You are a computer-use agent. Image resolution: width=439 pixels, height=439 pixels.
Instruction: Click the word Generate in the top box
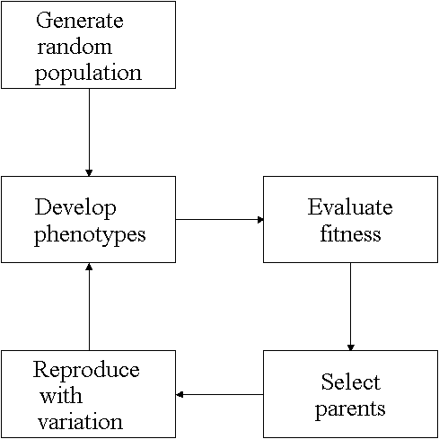coord(80,21)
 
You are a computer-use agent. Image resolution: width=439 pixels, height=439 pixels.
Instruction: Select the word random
coord(75,47)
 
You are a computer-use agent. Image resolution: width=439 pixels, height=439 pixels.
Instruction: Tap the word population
coord(88,74)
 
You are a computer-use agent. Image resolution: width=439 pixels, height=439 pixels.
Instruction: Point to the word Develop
coord(75,208)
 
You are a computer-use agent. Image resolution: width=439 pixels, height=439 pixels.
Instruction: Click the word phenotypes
coord(90,235)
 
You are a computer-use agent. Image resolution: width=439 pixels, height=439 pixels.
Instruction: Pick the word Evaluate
coord(350,206)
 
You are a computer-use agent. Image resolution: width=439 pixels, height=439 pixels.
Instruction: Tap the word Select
coord(351,382)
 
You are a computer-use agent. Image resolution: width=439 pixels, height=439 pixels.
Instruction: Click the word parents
coord(350,409)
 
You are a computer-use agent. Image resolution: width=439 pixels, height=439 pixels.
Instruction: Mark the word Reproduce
coord(86,371)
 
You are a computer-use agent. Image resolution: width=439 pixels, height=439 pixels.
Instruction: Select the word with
coord(61,396)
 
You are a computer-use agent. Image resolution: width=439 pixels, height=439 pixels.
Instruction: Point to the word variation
coord(80,422)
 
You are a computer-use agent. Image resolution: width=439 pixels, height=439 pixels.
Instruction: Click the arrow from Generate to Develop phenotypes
coord(89,132)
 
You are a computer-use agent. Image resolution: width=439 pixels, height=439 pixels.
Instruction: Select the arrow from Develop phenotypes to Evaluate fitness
coord(220,220)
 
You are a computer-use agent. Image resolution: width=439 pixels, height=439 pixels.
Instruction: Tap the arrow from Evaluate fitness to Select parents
coord(351,307)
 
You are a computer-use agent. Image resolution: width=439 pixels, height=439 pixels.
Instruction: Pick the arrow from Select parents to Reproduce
coord(220,395)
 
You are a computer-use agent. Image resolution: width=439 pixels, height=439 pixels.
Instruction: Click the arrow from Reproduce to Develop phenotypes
coord(89,307)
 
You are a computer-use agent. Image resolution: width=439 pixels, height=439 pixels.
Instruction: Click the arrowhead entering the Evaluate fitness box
coord(260,220)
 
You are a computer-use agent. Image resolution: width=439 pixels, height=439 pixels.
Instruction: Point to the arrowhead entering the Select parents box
coord(351,347)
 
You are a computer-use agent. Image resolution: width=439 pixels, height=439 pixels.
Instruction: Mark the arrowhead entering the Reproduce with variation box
coord(179,395)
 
